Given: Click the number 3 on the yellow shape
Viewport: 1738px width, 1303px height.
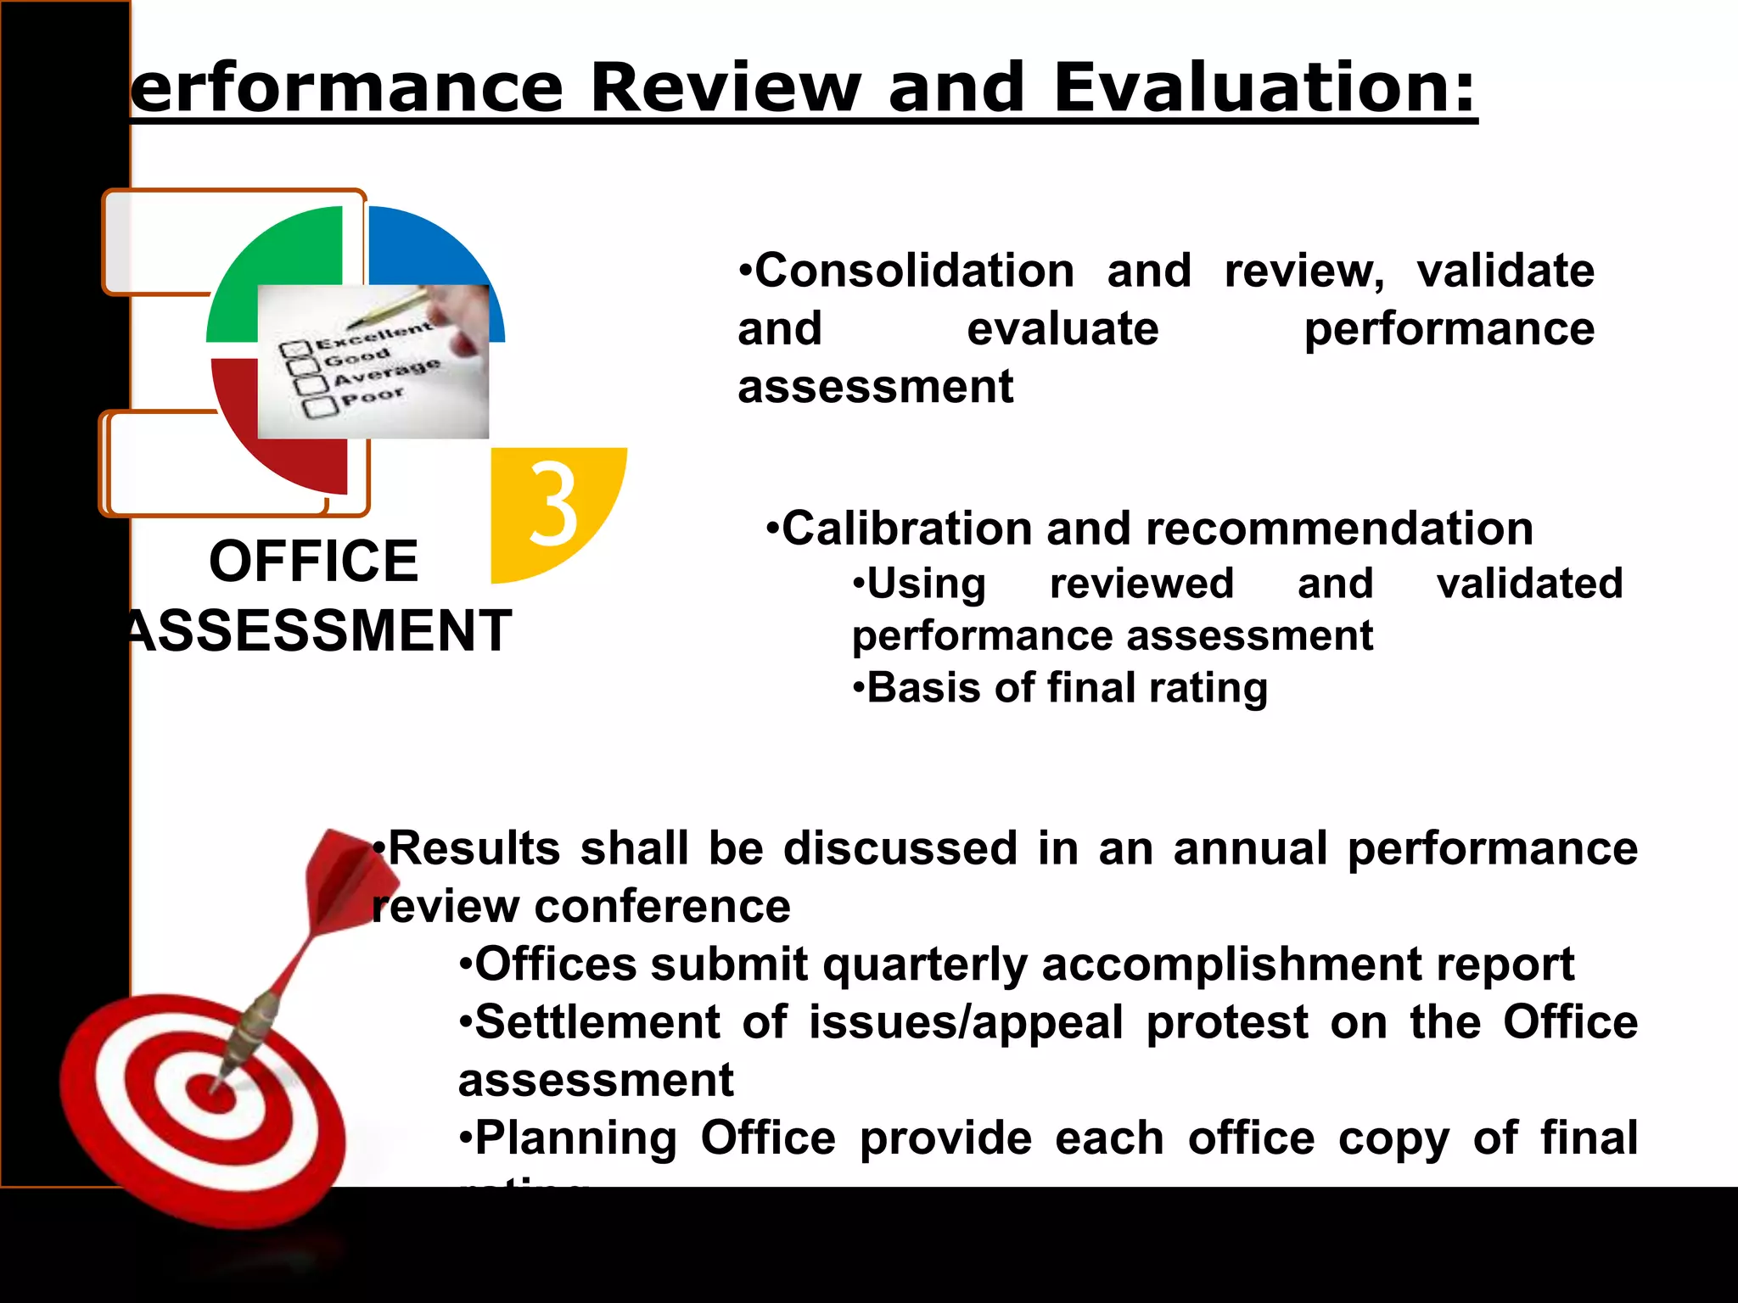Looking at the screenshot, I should tap(553, 505).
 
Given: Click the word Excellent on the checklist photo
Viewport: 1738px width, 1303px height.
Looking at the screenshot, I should tap(374, 336).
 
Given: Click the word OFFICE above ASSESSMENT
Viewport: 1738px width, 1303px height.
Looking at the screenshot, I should tap(314, 562).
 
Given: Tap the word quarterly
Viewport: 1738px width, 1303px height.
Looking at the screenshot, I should tap(925, 965).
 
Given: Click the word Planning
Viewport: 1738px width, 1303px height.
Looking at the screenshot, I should tap(576, 1138).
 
